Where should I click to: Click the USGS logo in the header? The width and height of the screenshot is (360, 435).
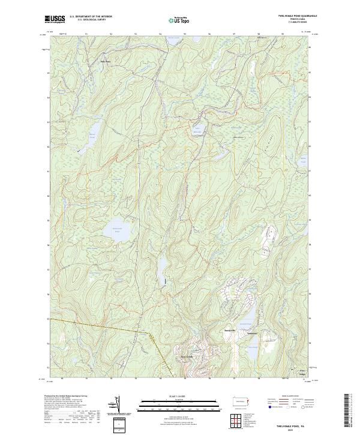(55, 19)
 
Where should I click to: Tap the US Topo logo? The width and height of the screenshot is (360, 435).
(178, 20)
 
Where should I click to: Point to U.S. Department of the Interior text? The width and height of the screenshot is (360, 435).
(91, 17)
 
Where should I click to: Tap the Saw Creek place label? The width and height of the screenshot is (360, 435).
(187, 356)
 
